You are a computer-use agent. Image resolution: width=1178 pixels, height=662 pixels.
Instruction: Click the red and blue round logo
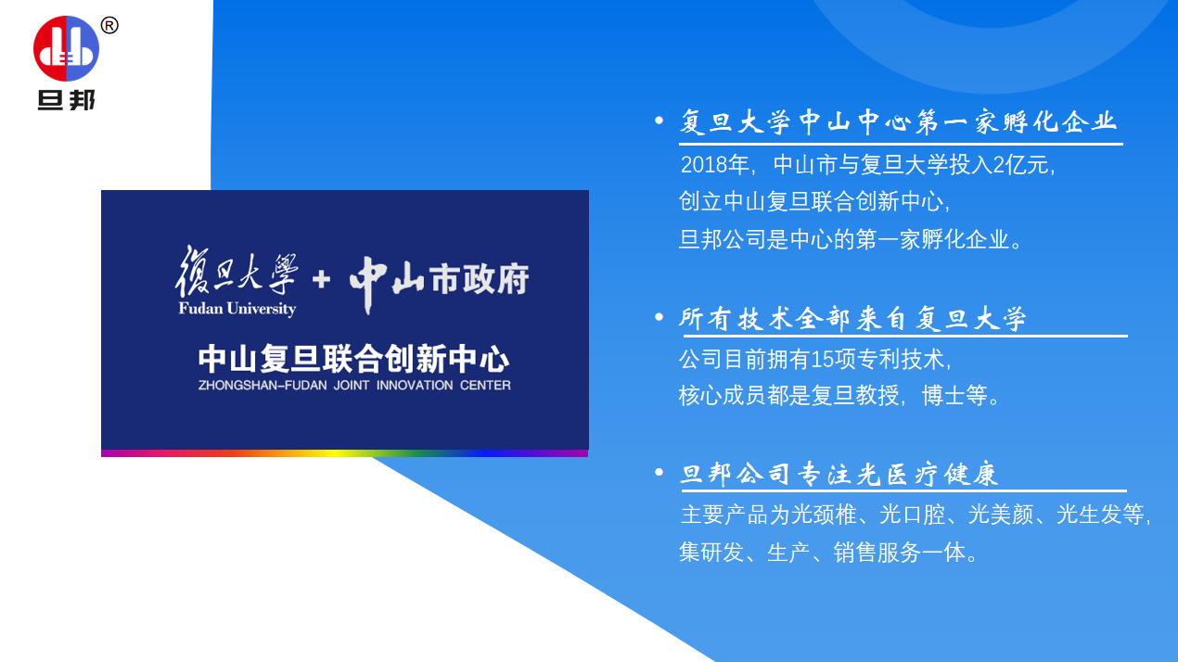(66, 48)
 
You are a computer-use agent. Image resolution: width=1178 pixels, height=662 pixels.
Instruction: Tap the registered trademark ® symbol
(109, 26)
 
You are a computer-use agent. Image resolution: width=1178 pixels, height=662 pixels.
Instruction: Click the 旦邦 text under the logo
(66, 99)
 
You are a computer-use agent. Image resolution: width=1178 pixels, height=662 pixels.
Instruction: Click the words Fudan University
(237, 309)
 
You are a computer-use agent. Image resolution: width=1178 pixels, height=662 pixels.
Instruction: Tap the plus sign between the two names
(322, 278)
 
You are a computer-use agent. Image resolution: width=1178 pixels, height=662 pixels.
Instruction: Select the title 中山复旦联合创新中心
(353, 359)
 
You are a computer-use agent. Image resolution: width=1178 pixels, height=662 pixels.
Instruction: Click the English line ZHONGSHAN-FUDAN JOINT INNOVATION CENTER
(353, 385)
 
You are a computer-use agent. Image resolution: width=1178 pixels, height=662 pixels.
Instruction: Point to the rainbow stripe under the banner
(344, 453)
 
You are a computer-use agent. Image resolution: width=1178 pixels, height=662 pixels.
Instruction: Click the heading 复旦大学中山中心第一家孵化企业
(898, 122)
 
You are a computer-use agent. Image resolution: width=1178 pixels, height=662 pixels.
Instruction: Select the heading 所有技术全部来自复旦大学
(852, 319)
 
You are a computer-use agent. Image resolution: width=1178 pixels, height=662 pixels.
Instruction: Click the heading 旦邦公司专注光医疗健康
(839, 475)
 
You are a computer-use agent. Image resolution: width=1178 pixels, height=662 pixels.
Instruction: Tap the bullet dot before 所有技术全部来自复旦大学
(659, 318)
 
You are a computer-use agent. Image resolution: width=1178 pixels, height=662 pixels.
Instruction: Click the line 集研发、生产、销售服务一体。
(828, 553)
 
